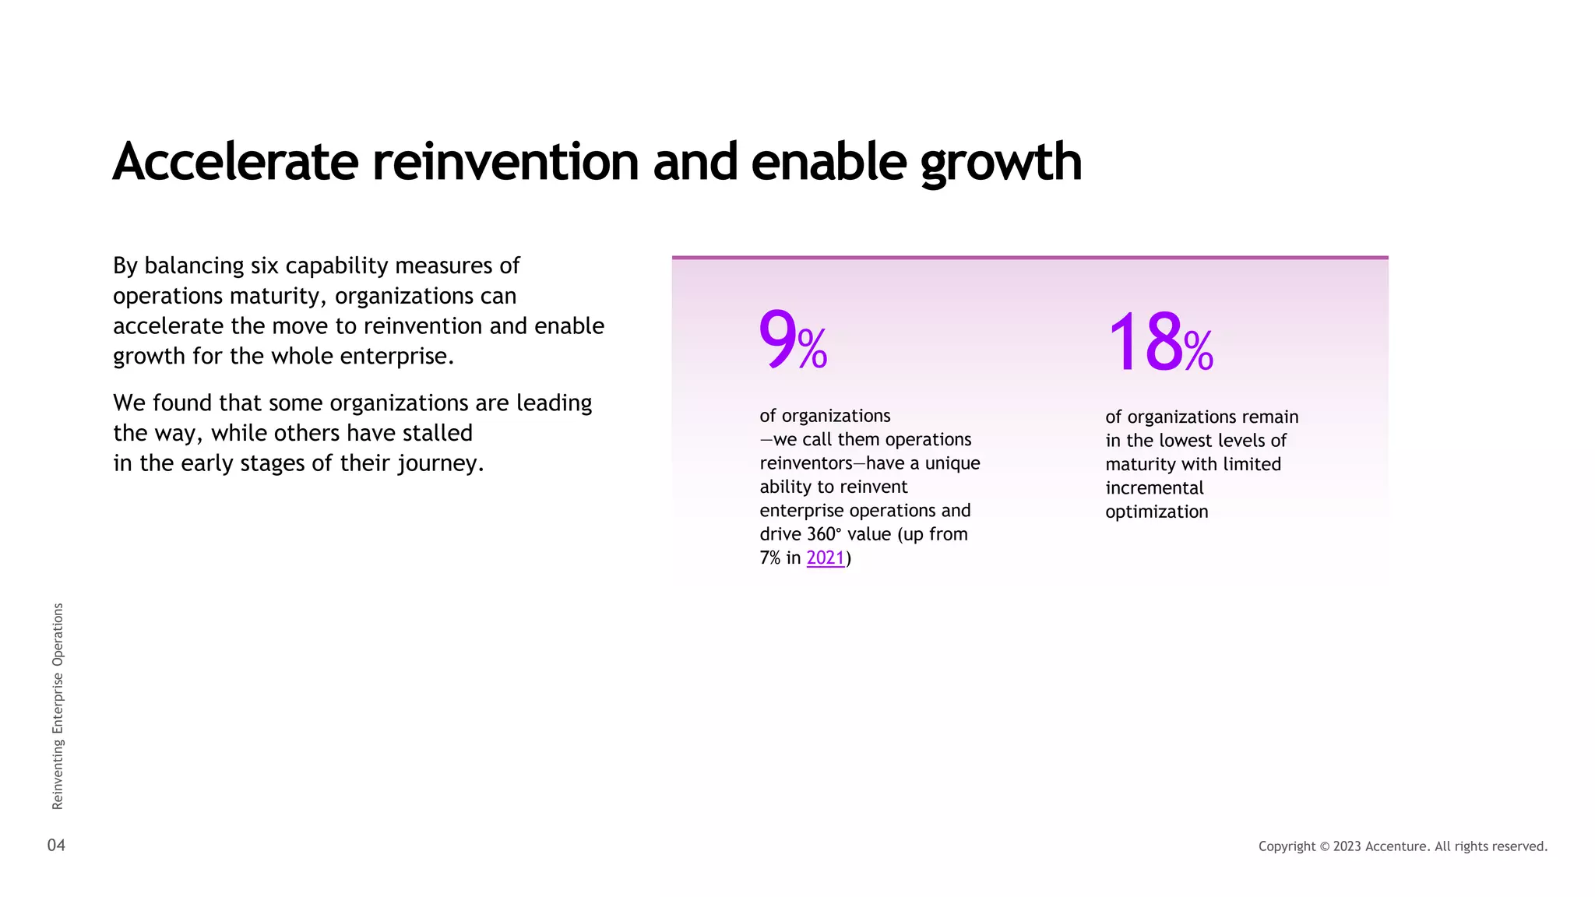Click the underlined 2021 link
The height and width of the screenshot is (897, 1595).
coord(826,558)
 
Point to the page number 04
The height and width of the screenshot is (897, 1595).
coord(56,846)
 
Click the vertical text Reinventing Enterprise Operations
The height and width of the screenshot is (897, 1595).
coord(58,705)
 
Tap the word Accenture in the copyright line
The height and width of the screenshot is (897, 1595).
coord(1396,846)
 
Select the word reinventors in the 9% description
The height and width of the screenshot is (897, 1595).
coord(806,464)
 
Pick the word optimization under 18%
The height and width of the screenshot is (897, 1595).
coord(1157,512)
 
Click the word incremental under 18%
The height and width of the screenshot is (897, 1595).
coord(1154,489)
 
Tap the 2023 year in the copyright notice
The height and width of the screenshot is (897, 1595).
coord(1347,846)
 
